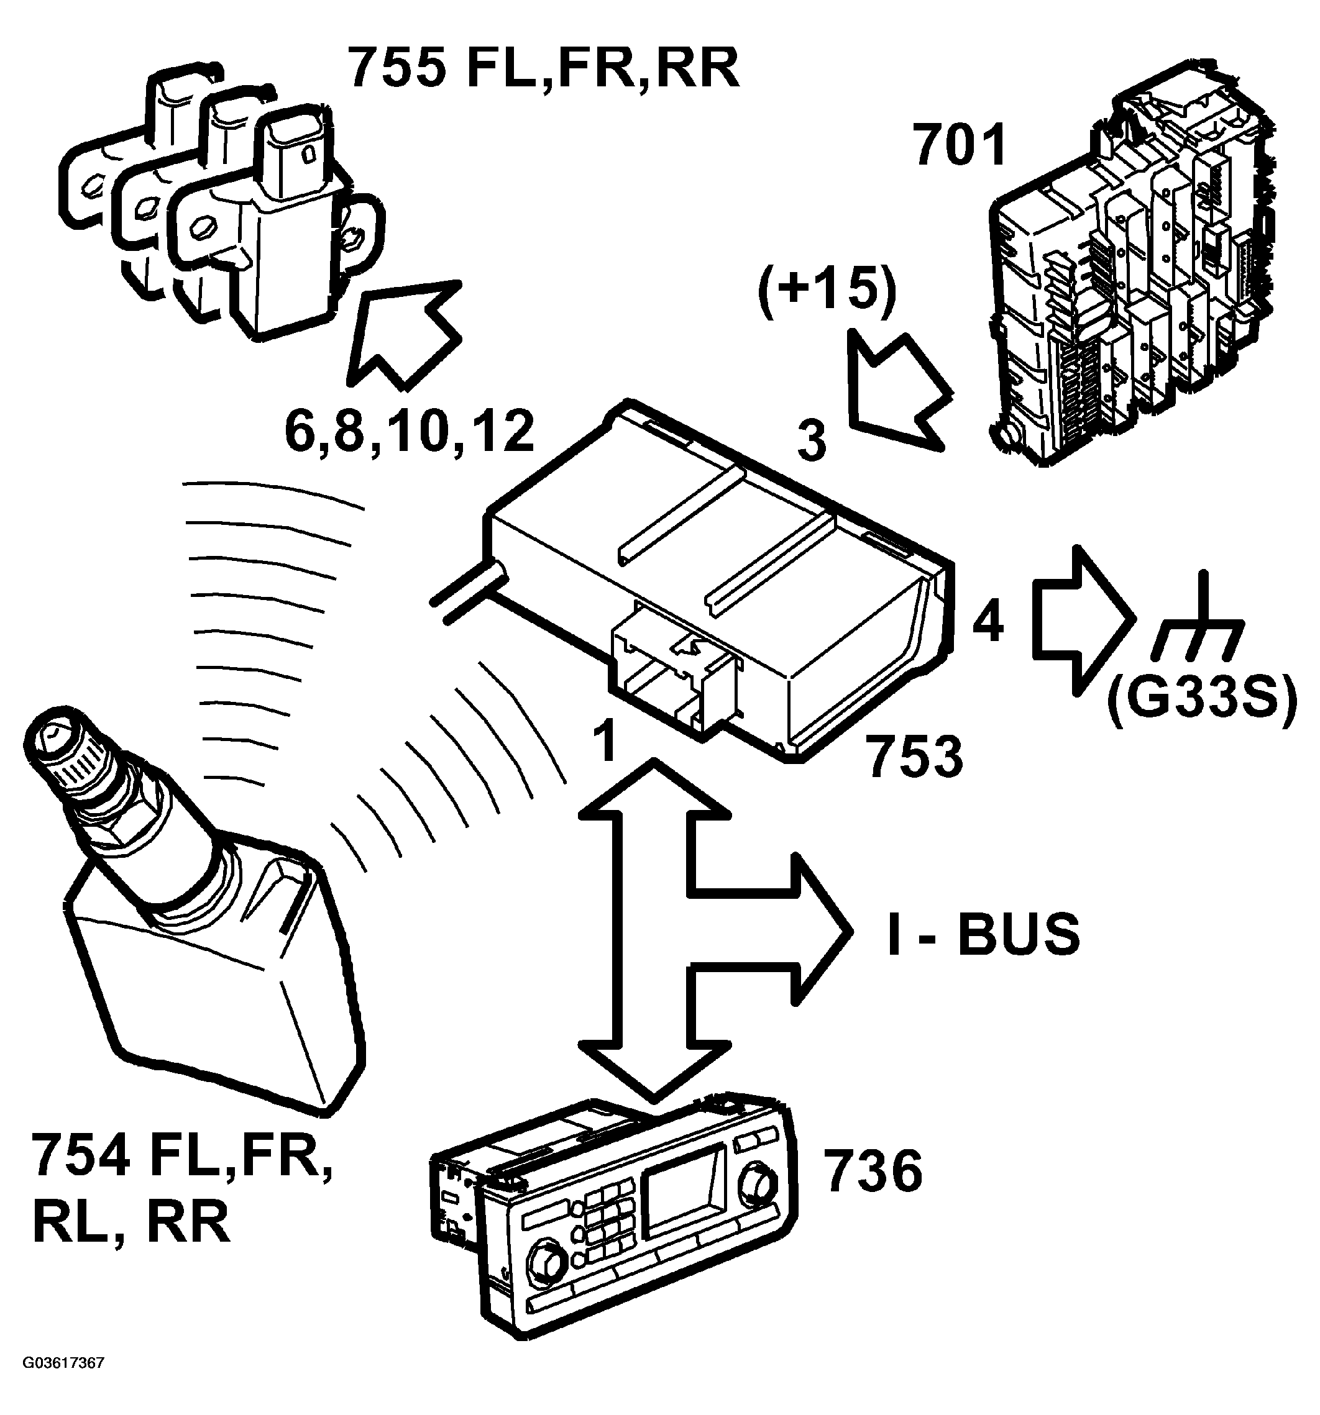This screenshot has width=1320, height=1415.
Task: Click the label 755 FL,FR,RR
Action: [543, 70]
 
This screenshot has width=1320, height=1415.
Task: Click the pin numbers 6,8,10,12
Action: [410, 432]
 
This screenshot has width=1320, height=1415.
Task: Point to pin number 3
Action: [812, 440]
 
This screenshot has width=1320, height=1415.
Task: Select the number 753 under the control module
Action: [915, 757]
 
